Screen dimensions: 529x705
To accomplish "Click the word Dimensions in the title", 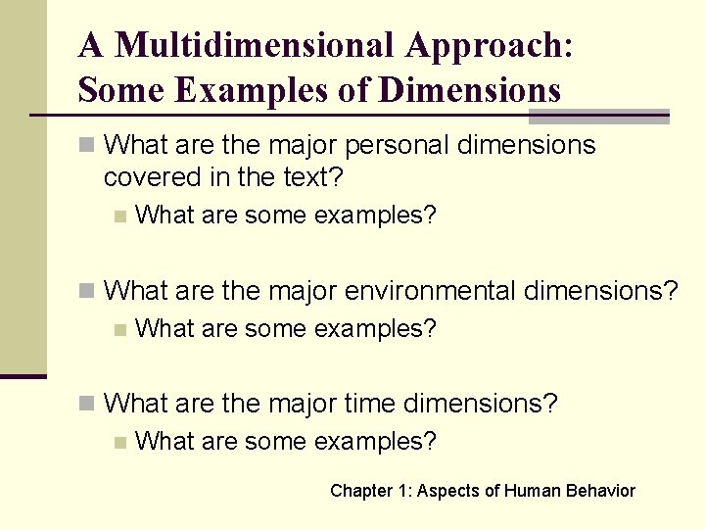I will click(x=469, y=90).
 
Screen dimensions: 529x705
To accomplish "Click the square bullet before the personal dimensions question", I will click(x=87, y=146).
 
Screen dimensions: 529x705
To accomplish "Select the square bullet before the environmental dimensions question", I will click(x=87, y=291).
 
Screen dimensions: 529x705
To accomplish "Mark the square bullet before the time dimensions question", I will click(x=87, y=403).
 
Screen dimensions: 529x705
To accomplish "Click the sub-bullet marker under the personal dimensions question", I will click(x=119, y=216).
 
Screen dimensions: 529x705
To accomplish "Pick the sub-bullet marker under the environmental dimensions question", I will click(x=119, y=329).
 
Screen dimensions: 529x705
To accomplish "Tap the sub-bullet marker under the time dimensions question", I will click(x=119, y=442).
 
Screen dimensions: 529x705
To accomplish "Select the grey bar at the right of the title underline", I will click(x=598, y=117).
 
